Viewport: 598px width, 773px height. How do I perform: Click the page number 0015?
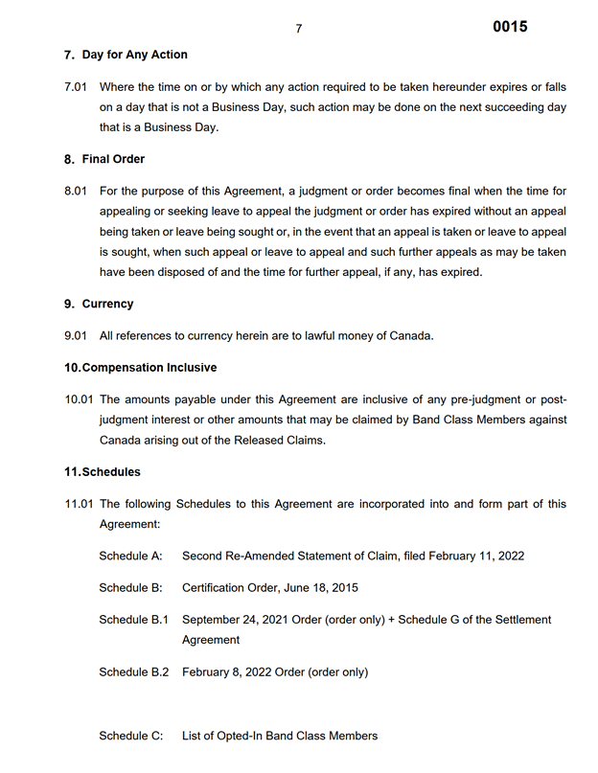click(510, 27)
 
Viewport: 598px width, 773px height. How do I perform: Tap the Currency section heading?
click(107, 304)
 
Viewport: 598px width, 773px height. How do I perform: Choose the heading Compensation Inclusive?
click(149, 367)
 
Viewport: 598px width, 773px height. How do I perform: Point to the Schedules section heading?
click(111, 472)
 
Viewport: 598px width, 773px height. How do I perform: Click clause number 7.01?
click(76, 87)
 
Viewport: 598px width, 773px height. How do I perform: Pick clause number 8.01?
click(76, 191)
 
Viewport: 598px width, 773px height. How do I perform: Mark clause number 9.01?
click(76, 335)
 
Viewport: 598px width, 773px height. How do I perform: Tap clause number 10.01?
click(79, 398)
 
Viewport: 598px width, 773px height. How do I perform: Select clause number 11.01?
click(79, 504)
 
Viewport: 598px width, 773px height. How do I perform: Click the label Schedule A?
click(130, 557)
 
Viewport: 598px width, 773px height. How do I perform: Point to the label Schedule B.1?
click(133, 620)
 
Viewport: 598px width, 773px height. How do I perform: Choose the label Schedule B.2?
click(133, 672)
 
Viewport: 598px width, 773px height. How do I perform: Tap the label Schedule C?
click(130, 736)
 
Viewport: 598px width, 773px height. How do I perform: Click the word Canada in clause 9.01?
click(407, 335)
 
